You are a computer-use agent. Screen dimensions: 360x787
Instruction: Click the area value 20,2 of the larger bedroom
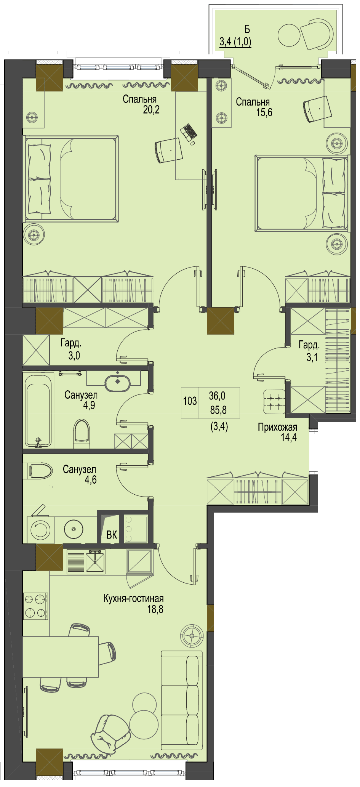point(151,110)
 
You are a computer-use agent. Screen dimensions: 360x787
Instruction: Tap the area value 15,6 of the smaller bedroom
point(264,112)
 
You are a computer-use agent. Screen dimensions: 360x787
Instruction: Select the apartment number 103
point(190,401)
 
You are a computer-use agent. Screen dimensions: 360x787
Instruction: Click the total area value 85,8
point(218,410)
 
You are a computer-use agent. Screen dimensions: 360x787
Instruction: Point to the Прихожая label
point(277,427)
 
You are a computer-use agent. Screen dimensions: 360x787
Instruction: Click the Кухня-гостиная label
point(134,598)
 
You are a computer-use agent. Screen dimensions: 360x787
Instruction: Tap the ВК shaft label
point(112,535)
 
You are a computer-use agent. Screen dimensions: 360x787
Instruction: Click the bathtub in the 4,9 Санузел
point(38,410)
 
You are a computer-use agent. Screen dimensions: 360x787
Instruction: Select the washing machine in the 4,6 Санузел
point(40,530)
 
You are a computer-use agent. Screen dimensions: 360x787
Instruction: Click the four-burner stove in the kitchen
point(35,606)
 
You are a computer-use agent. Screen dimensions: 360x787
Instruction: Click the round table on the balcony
point(290,35)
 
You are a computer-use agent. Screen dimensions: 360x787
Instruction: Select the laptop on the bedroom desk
point(189,132)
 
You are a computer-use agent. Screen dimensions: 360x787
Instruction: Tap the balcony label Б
point(247,29)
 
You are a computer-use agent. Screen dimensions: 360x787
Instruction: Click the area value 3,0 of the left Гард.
point(74,356)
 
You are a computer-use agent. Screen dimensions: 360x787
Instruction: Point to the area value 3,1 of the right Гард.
point(312,357)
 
